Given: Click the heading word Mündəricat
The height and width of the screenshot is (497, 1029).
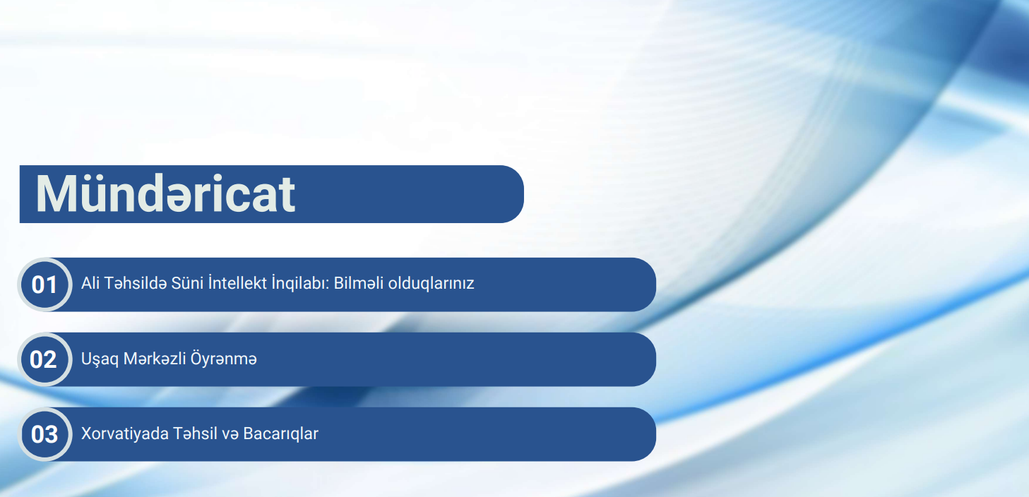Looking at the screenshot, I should (165, 194).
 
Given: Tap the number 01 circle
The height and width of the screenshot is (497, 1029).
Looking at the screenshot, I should (44, 285).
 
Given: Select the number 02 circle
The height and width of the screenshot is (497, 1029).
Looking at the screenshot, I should (44, 359).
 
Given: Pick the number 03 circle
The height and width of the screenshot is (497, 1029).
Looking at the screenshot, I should (44, 433).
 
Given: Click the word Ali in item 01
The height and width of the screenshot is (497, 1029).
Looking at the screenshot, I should (90, 284).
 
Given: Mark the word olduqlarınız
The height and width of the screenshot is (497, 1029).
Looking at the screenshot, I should (432, 284).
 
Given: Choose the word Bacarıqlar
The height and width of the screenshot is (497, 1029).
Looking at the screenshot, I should (280, 433).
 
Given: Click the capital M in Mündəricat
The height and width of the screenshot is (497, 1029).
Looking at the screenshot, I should (59, 194).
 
